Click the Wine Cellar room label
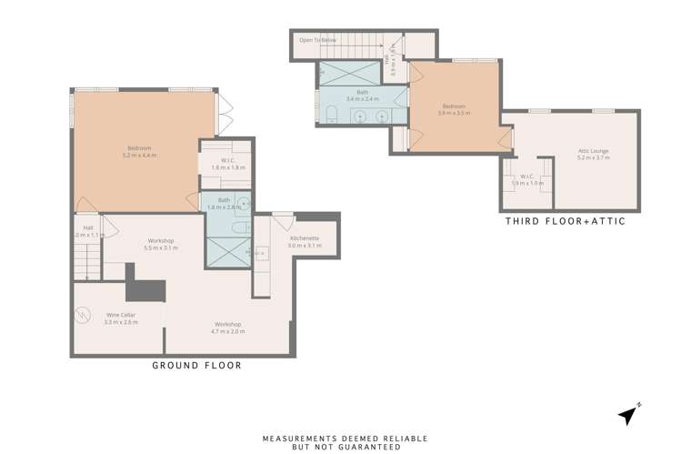click(x=120, y=318)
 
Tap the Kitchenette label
click(x=305, y=242)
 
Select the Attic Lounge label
click(x=593, y=154)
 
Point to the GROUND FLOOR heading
click(x=196, y=366)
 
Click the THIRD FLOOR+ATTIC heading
click(x=565, y=221)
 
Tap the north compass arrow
click(x=626, y=415)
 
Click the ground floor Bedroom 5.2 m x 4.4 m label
click(x=139, y=152)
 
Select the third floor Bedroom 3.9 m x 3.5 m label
click(x=454, y=109)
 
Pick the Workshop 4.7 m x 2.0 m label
click(x=227, y=328)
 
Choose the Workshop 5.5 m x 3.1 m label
click(x=161, y=245)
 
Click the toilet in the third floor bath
click(x=331, y=115)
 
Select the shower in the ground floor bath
click(x=227, y=251)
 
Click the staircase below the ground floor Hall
click(x=86, y=264)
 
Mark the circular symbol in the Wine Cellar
click(x=84, y=315)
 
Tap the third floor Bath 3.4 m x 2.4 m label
click(x=356, y=96)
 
